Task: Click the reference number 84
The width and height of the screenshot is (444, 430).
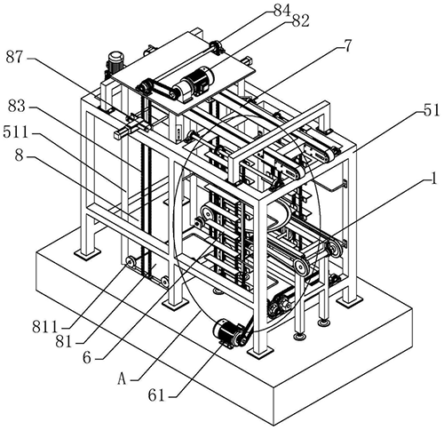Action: click(x=281, y=11)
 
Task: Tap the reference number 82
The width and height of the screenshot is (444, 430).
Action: click(x=300, y=21)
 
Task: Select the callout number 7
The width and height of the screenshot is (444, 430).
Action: click(x=347, y=46)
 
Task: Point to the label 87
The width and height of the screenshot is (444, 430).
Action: click(x=14, y=57)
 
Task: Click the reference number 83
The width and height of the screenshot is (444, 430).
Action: click(x=17, y=106)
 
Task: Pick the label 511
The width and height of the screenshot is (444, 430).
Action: click(x=16, y=132)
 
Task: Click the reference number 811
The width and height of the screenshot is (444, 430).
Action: click(x=44, y=328)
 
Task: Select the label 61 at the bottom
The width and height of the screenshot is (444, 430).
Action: click(x=156, y=395)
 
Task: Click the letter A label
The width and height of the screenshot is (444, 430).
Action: click(x=122, y=379)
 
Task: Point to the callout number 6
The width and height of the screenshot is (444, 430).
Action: click(x=87, y=358)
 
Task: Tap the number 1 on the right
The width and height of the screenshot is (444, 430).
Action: click(x=433, y=179)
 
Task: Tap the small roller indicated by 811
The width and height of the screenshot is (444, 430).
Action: click(x=131, y=262)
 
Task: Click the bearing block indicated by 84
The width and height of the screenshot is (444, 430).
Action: click(x=217, y=47)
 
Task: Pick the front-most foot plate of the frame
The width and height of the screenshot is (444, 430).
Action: click(x=259, y=353)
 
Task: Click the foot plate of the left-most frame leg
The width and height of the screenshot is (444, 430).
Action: click(x=87, y=254)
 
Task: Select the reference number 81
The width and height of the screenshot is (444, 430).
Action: click(x=64, y=343)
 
